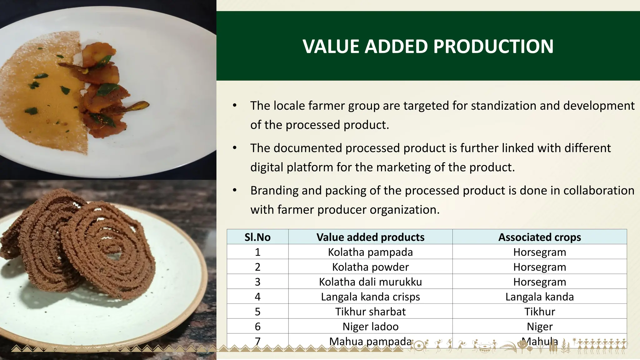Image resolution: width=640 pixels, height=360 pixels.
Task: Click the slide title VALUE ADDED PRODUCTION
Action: tap(428, 47)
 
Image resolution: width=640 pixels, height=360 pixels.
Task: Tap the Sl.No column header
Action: tap(257, 237)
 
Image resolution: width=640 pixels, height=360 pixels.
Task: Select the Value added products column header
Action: tap(370, 237)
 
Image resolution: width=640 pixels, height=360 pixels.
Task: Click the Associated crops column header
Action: tap(540, 237)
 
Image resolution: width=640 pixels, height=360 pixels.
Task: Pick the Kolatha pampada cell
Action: tap(370, 252)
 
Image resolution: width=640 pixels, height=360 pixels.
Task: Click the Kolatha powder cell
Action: tap(370, 267)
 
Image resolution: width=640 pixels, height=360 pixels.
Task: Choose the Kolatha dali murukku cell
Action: tap(370, 282)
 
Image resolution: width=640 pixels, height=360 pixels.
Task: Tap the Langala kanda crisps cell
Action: tap(370, 297)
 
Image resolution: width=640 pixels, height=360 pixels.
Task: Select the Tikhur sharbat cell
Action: tap(370, 312)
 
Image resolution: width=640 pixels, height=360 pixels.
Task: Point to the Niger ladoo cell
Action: tap(370, 327)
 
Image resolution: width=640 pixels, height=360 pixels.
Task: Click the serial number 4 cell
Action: tap(257, 297)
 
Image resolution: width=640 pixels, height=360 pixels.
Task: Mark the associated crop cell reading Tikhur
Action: tap(540, 312)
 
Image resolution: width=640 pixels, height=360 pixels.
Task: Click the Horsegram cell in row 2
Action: tap(540, 267)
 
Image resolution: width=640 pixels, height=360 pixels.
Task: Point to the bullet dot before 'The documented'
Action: tap(235, 147)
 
